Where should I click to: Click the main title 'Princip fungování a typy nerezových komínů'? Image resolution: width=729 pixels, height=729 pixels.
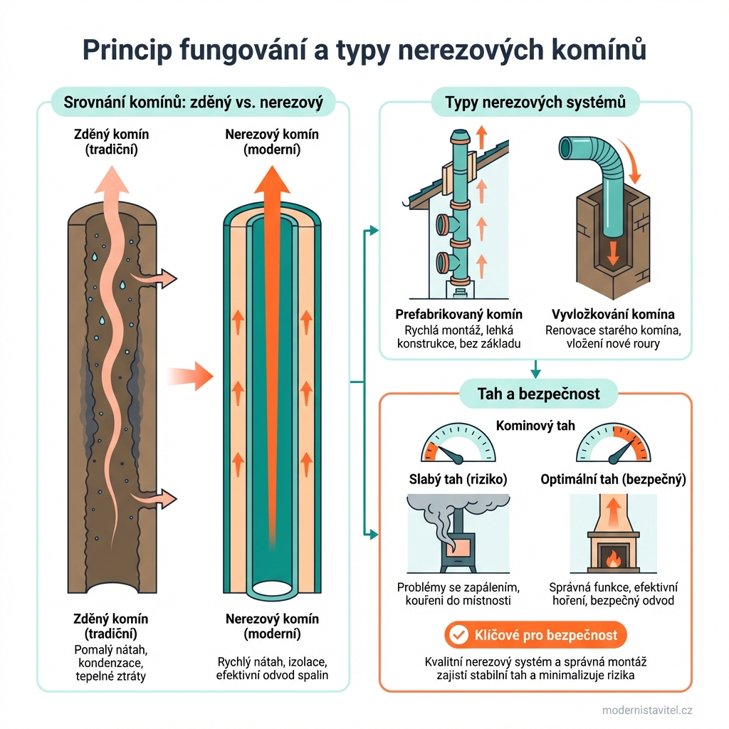tap(364, 49)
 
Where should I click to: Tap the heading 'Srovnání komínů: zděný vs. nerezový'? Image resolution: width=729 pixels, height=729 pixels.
tap(194, 103)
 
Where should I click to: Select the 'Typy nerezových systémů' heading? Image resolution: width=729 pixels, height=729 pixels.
tap(535, 103)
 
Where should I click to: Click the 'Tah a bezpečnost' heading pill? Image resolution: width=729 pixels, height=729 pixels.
tap(535, 393)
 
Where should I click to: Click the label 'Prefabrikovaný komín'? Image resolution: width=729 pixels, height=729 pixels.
tap(458, 314)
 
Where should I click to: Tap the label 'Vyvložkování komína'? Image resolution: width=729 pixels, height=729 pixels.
tap(614, 314)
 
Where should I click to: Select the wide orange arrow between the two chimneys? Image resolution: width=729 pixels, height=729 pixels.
tap(191, 375)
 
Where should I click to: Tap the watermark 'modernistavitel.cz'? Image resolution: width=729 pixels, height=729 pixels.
tap(647, 710)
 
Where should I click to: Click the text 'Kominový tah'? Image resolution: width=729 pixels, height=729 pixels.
tap(535, 426)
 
